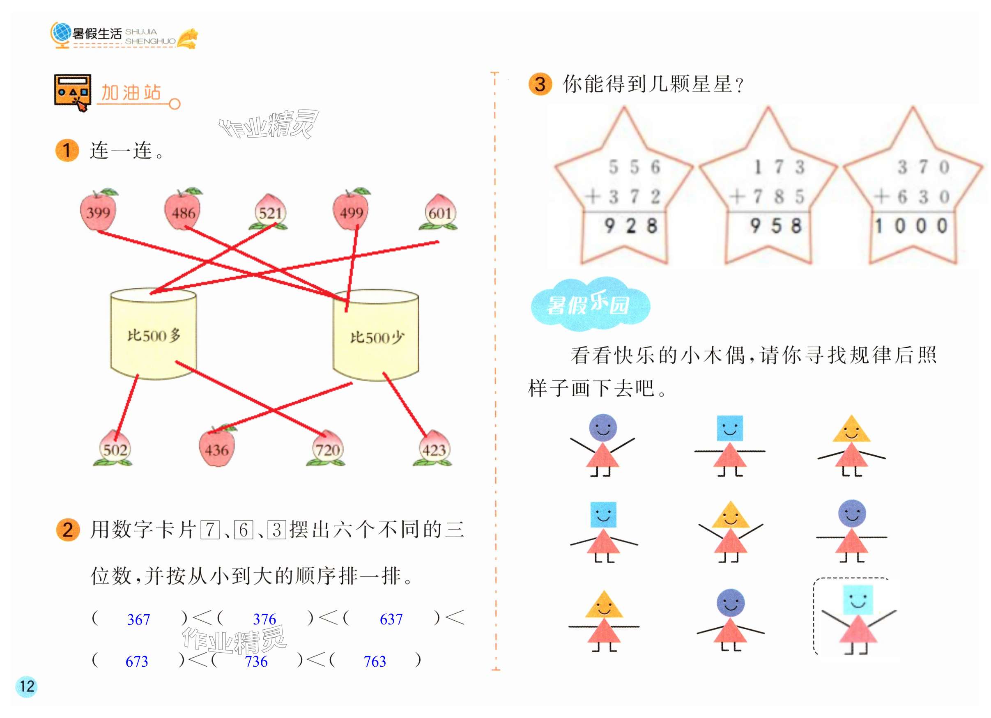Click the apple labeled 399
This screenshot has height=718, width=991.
[98, 212]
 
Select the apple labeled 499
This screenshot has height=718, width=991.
[351, 212]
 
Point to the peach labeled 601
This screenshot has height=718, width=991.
[439, 213]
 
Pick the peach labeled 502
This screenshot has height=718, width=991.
[115, 450]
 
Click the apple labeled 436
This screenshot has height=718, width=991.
[217, 449]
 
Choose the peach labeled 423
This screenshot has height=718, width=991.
[433, 450]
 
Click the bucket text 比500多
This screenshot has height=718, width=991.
[154, 335]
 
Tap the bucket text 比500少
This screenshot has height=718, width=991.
[377, 337]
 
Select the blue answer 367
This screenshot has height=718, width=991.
[138, 619]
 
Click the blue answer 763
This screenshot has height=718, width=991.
[375, 661]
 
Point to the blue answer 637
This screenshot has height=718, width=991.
[391, 619]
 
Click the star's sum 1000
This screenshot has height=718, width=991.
[911, 226]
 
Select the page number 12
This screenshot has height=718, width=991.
[27, 686]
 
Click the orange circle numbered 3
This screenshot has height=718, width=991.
[540, 84]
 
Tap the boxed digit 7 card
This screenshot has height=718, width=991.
[210, 530]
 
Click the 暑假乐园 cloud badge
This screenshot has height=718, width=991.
[590, 304]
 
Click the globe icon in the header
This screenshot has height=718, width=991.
[61, 33]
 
